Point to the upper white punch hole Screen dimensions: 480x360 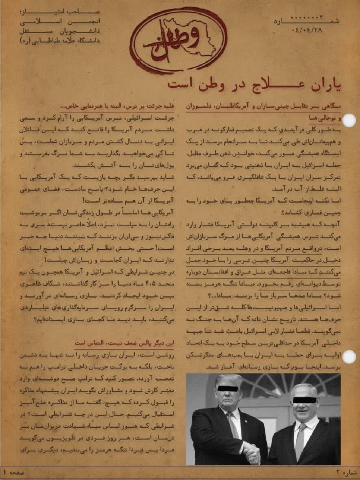tap(348, 120)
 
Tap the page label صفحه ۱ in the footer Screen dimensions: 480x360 tap(14, 472)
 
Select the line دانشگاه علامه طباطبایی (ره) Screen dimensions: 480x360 tap(59, 40)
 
